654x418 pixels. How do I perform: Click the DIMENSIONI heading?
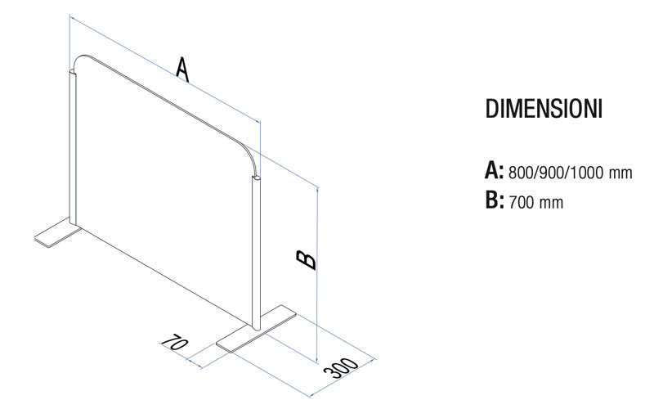(x=544, y=109)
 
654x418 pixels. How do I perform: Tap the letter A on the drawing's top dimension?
(x=182, y=70)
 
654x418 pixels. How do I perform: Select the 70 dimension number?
(x=174, y=343)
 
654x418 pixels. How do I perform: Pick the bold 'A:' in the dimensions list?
(x=495, y=171)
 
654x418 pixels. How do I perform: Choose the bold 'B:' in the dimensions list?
(x=495, y=200)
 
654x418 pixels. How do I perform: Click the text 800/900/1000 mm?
(x=570, y=173)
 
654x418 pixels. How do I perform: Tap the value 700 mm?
(x=536, y=202)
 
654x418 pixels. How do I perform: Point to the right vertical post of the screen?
(x=256, y=253)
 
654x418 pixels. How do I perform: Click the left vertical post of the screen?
(x=73, y=147)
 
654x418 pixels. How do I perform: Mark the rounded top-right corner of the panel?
(x=250, y=152)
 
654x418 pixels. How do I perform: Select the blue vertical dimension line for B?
(x=318, y=276)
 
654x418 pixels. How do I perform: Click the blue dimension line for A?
(x=165, y=70)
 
